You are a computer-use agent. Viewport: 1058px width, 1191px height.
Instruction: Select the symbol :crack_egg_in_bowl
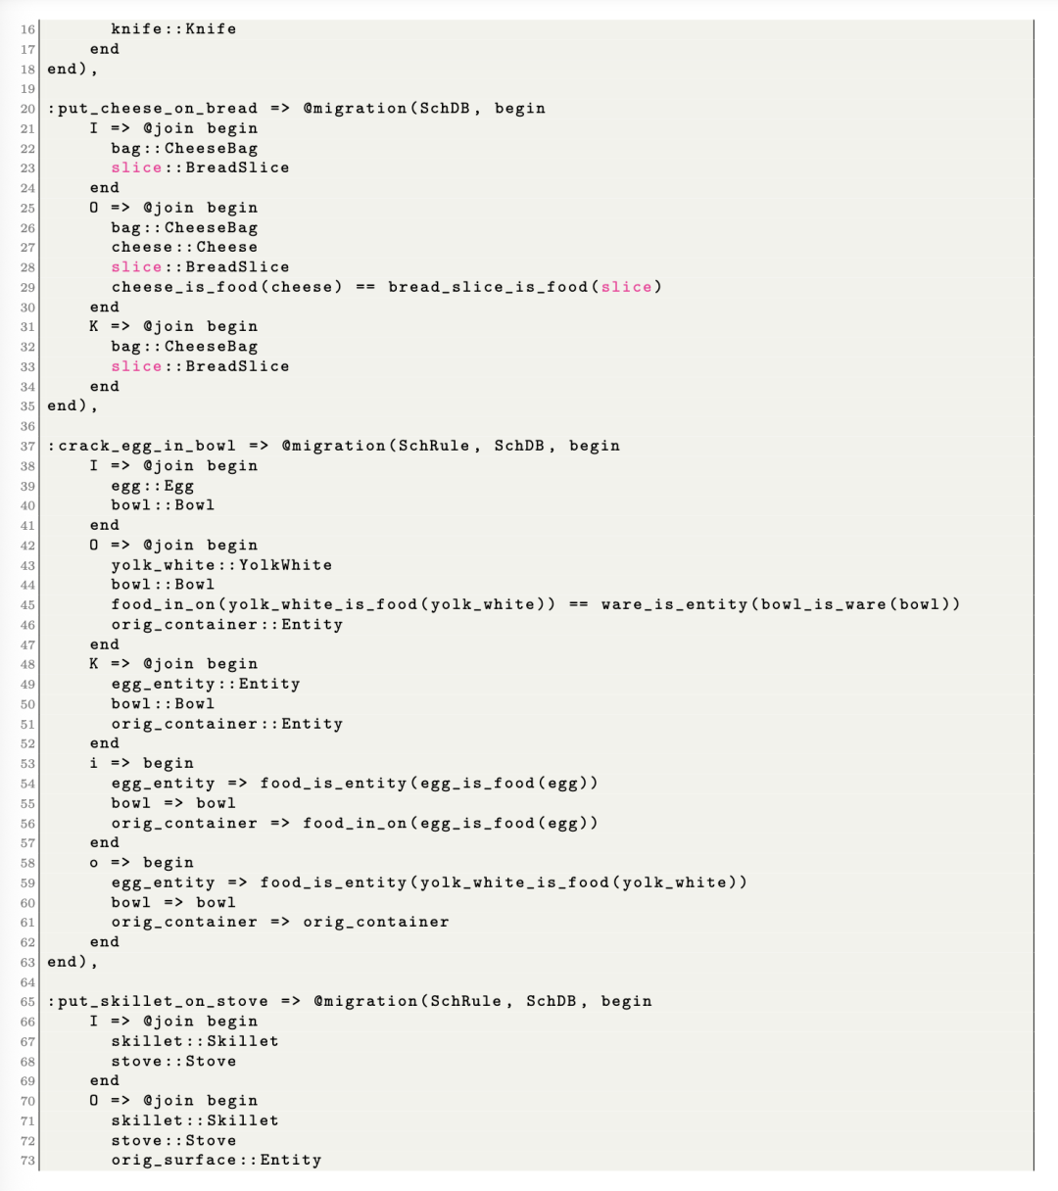[142, 446]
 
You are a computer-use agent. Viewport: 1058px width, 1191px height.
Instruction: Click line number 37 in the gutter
[27, 446]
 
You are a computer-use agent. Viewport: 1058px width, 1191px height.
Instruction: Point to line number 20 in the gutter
[27, 109]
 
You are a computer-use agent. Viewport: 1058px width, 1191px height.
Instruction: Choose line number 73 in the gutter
[27, 1161]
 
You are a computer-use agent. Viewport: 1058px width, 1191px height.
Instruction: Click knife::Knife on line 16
[173, 29]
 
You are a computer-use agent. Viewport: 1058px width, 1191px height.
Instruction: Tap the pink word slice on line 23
[136, 167]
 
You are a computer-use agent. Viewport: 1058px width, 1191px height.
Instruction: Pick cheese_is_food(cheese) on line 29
[226, 287]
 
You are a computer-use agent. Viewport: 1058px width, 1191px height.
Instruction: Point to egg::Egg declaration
[152, 486]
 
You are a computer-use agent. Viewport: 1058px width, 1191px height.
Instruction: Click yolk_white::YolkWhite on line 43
[221, 565]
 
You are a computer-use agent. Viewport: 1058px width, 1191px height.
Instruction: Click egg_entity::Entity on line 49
[205, 684]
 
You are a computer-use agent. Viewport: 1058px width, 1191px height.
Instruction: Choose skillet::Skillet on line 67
[194, 1041]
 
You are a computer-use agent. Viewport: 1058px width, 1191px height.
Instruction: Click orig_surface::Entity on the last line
[216, 1161]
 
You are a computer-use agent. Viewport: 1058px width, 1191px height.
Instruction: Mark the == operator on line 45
[578, 604]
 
